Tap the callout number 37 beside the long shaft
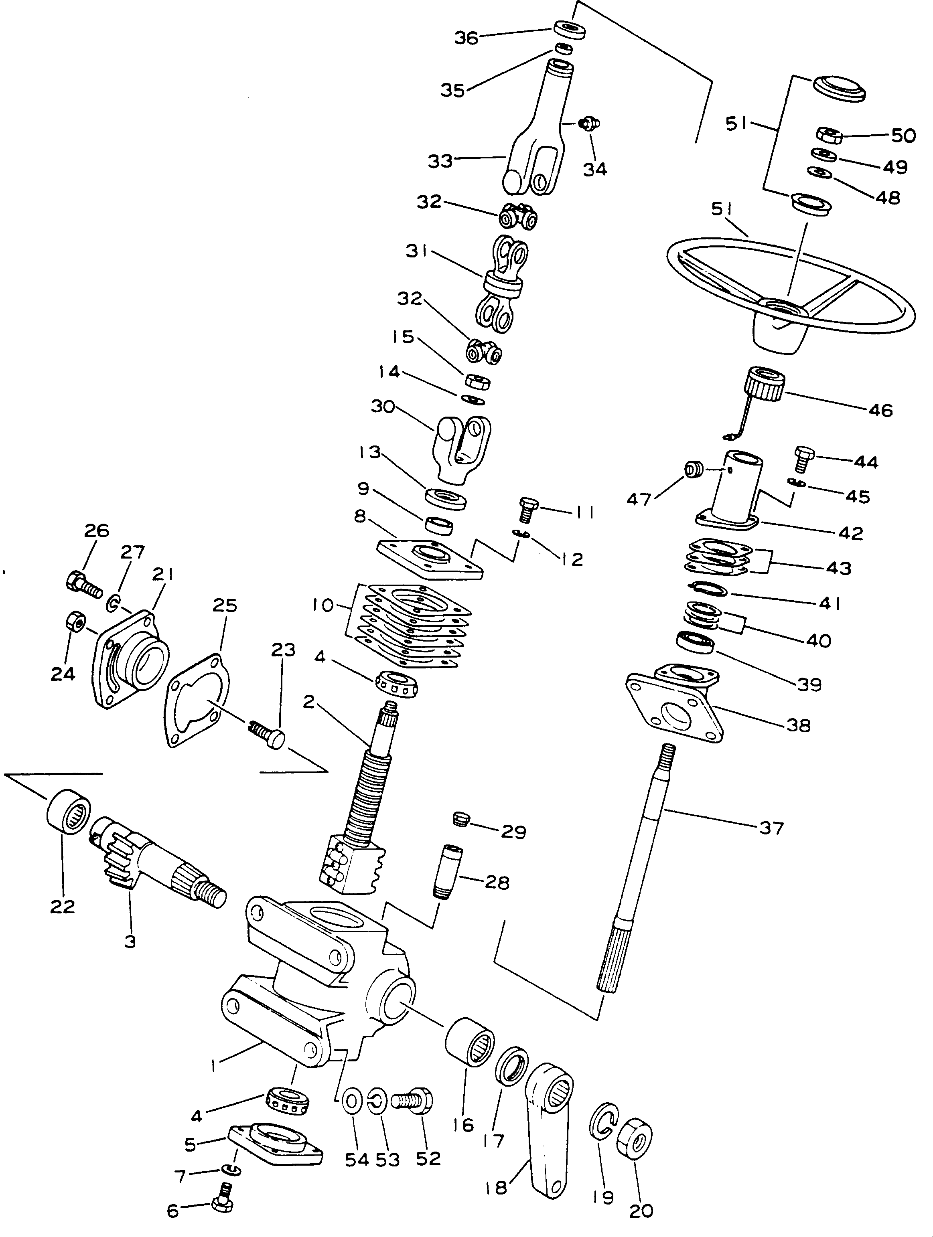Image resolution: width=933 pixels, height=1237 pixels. [x=771, y=828]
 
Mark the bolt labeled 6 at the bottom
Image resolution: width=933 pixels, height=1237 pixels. [x=223, y=1200]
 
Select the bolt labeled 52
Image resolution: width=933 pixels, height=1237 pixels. [x=411, y=1102]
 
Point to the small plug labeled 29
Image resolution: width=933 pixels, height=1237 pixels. [x=460, y=820]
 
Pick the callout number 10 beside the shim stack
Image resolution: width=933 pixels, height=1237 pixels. [x=323, y=605]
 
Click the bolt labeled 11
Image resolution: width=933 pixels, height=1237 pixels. [x=527, y=508]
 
